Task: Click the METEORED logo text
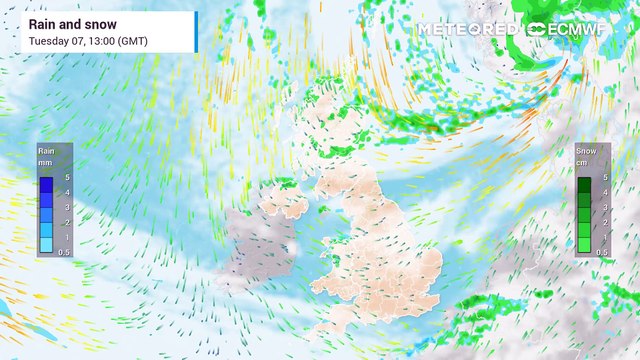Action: (x=468, y=29)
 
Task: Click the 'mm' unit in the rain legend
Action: (x=46, y=160)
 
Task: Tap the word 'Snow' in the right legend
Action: (x=586, y=150)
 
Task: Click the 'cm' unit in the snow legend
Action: (x=585, y=160)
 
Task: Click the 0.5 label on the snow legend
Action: (x=602, y=252)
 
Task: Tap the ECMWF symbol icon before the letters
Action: (x=537, y=29)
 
